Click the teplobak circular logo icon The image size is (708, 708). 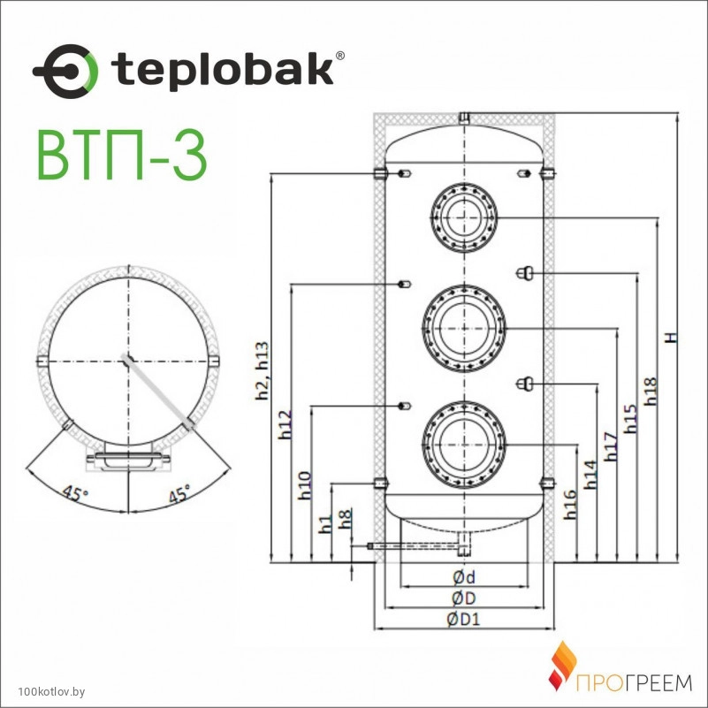coord(65,72)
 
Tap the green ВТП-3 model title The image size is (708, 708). coord(122,156)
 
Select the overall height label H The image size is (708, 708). coord(673,338)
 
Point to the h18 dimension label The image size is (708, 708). coord(650,391)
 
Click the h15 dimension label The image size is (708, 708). coord(630,419)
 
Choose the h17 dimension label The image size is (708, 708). coord(610,446)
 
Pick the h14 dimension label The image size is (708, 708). coord(590,474)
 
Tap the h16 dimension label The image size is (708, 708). coord(570,504)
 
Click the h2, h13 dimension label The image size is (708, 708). coord(262,370)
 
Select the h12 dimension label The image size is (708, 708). coord(285,424)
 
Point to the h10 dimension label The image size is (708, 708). coord(305,485)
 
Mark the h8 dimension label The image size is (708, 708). coord(346,519)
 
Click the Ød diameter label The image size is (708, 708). coord(464,576)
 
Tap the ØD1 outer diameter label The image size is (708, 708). coord(464,619)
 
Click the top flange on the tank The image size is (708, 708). coord(464,217)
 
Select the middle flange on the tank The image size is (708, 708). coord(464,328)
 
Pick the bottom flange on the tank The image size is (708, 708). coord(464,445)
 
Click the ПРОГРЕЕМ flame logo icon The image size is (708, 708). coord(563,666)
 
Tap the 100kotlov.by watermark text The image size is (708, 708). coord(51,692)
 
